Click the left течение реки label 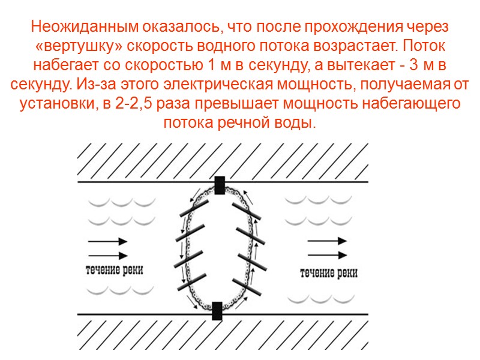click(x=115, y=269)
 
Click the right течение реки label click(x=328, y=273)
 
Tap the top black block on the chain click(x=220, y=185)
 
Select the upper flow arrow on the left click(x=108, y=241)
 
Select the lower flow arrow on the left click(x=108, y=254)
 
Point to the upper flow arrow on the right click(x=328, y=241)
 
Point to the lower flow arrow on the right click(x=328, y=254)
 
